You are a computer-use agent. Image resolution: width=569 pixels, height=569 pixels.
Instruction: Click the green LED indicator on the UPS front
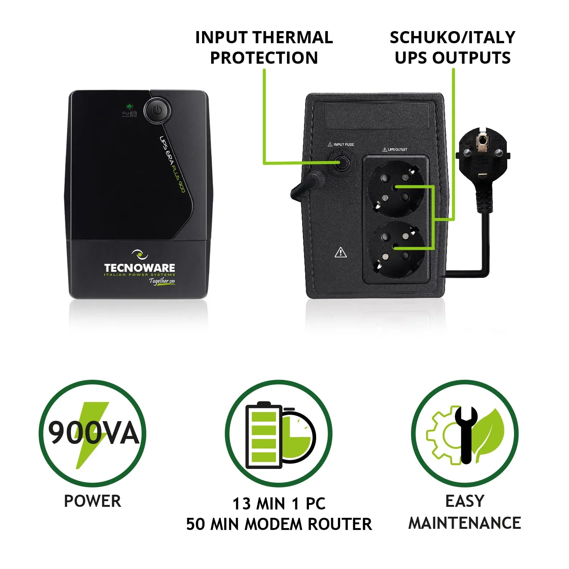coord(130,106)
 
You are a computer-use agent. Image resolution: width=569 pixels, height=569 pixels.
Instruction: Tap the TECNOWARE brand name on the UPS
coord(140,268)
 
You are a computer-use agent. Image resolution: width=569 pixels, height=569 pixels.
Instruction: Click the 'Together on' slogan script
coord(162,281)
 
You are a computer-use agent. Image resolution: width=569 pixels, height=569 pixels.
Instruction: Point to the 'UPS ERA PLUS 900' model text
coord(172,164)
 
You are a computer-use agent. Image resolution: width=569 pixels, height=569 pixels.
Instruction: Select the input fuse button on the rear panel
coord(342,164)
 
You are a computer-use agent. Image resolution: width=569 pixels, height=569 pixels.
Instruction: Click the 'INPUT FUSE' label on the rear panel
coord(341,144)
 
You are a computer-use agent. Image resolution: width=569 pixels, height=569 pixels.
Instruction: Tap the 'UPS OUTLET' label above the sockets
coord(395,149)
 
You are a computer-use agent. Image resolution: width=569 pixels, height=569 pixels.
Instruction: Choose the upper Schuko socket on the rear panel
coord(396,188)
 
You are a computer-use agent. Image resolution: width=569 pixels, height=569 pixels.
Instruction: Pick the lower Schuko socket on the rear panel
coord(396,250)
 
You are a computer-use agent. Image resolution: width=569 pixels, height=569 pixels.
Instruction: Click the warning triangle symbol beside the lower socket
coord(341,252)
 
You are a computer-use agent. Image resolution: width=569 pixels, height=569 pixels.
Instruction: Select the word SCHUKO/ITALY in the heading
coord(453,38)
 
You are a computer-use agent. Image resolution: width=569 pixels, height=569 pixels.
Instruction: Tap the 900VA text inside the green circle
coord(94,433)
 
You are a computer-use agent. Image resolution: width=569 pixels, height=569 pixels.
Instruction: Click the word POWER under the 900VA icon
coord(92,501)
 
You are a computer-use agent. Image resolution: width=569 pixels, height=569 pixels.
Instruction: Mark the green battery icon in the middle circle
coord(264,435)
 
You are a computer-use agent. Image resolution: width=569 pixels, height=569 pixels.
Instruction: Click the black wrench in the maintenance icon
coord(466,435)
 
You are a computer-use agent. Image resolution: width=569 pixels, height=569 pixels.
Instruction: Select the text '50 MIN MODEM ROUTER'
coord(279,524)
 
